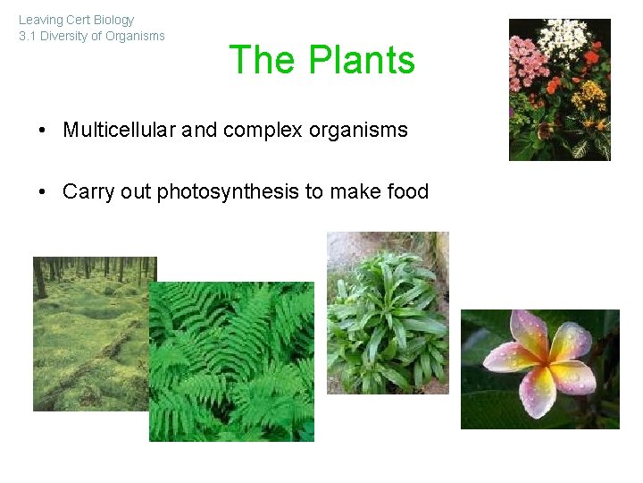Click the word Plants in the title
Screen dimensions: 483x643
362,61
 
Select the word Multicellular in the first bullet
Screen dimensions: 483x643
120,130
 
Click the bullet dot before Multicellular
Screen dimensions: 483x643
43,131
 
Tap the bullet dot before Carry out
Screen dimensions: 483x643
43,192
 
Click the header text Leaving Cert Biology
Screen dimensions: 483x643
76,20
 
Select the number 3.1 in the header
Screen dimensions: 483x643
29,37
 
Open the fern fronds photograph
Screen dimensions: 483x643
231,361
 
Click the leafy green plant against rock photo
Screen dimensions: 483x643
388,312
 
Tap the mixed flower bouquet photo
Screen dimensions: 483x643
559,89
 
